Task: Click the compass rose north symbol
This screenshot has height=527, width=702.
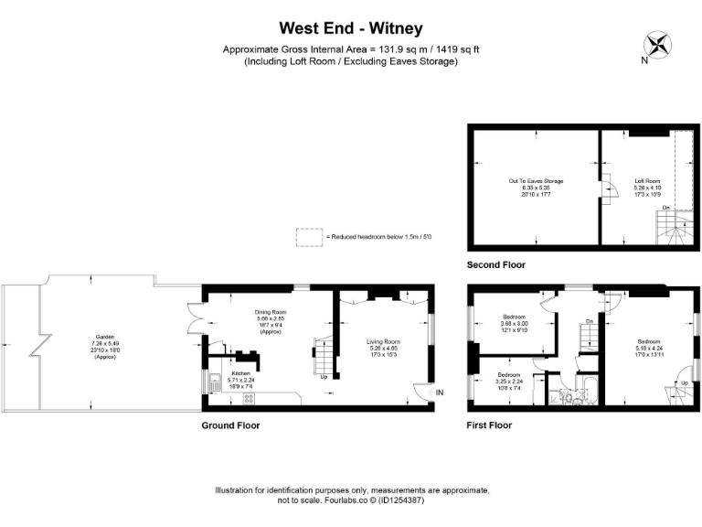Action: pos(656,46)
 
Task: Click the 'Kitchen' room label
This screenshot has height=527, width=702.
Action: pos(240,373)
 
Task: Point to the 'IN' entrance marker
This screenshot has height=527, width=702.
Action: pos(440,393)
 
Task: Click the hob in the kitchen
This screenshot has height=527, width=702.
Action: pos(248,398)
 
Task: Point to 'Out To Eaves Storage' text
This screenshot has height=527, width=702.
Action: pos(536,181)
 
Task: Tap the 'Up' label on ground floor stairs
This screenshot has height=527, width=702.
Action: pos(324,377)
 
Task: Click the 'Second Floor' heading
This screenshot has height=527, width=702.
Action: pos(496,264)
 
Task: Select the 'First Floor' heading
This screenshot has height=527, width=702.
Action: pos(489,425)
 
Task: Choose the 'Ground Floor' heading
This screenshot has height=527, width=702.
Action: pos(230,425)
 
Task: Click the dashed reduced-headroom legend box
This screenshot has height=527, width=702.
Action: pos(309,237)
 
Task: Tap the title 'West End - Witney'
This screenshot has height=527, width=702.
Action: pos(351,28)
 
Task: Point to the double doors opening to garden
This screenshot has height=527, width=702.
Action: pos(194,319)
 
